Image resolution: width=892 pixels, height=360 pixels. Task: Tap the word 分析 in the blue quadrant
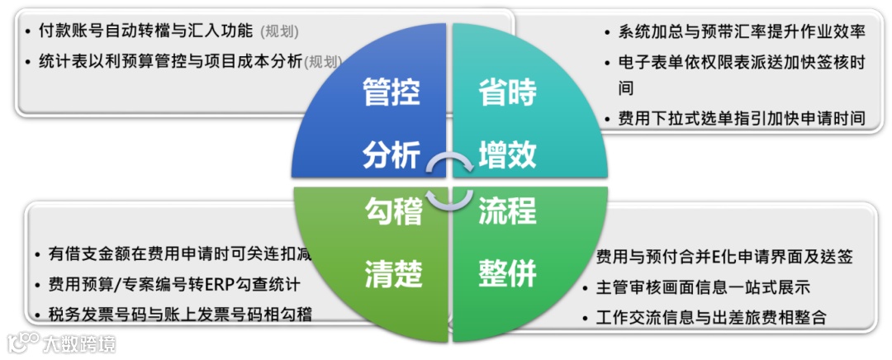point(391,154)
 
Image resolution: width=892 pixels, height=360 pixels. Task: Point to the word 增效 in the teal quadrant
point(507,154)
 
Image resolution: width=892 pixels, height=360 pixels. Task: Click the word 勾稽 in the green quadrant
point(394,212)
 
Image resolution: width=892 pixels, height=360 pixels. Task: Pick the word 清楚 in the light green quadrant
point(394,273)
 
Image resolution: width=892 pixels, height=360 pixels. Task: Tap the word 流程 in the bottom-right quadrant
point(507,212)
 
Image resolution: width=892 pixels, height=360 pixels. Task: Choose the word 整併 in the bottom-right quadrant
point(507,273)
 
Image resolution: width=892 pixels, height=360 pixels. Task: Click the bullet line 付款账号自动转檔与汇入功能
point(145,31)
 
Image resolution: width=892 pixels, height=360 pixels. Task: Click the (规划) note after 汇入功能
point(279,32)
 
